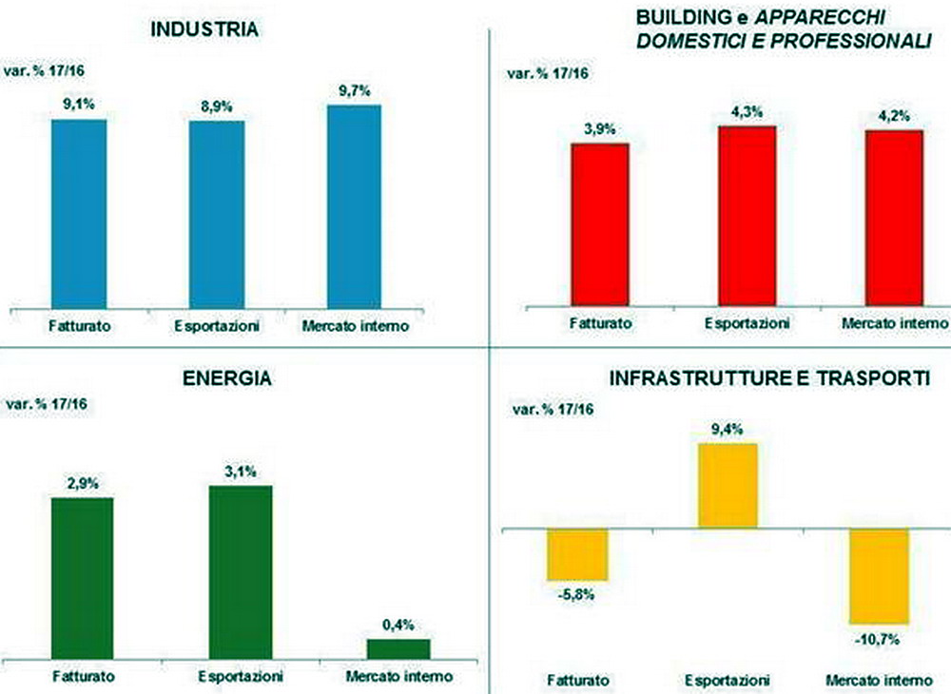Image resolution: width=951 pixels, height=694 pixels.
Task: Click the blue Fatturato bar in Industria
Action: pyautogui.click(x=79, y=212)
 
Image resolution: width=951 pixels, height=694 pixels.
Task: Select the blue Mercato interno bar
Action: pyautogui.click(x=354, y=205)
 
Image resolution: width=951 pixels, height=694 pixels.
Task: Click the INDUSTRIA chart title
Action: pyautogui.click(x=204, y=29)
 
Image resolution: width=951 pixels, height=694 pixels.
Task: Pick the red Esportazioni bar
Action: pyautogui.click(x=747, y=215)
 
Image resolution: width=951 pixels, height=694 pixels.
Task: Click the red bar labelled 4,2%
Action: pyautogui.click(x=895, y=217)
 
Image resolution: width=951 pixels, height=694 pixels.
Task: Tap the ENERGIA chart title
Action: pyautogui.click(x=226, y=378)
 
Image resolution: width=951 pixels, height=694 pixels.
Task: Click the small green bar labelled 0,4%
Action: pyautogui.click(x=398, y=647)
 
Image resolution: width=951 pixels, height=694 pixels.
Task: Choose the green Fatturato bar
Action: pyautogui.click(x=82, y=576)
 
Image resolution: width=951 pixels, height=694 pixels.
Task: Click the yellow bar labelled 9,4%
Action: pyautogui.click(x=728, y=485)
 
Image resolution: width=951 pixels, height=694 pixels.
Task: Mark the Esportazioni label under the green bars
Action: pyautogui.click(x=241, y=677)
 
